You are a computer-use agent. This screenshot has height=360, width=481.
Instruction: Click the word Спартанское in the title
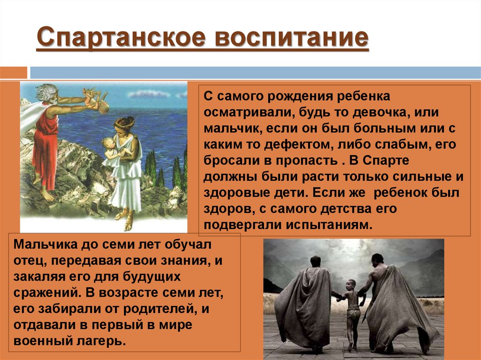[121, 38]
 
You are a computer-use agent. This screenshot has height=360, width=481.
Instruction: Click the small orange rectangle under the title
[14, 73]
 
